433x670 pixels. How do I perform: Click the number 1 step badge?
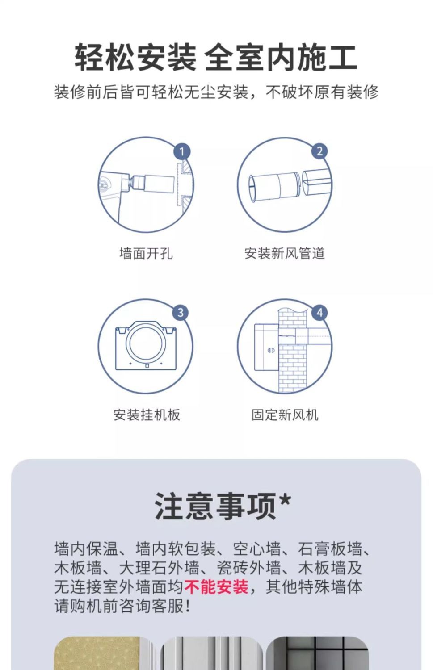tap(182, 151)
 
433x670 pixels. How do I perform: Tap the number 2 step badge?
tap(319, 151)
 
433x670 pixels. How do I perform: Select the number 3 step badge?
tap(180, 313)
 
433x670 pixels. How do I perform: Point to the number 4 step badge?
tap(319, 313)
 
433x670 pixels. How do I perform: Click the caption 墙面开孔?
tap(146, 253)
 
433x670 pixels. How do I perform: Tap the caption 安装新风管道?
tap(285, 253)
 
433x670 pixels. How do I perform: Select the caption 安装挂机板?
tap(147, 415)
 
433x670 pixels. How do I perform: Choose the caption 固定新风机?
tap(285, 415)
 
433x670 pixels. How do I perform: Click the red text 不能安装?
tap(216, 586)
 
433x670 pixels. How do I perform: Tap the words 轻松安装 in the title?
tap(135, 58)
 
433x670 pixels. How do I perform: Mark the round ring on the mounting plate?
tap(146, 342)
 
